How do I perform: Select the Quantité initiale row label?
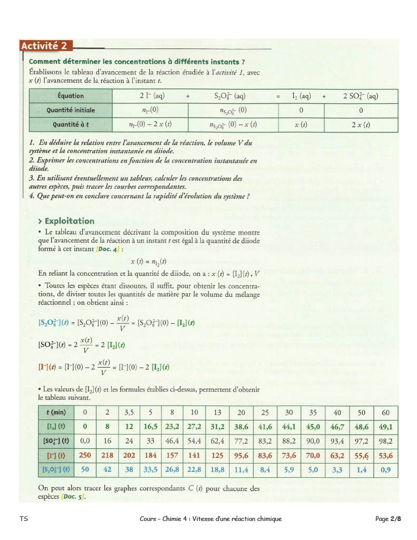click(x=71, y=111)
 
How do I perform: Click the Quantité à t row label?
click(x=71, y=125)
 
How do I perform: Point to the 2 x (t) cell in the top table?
click(x=361, y=125)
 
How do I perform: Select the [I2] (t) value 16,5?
click(x=151, y=427)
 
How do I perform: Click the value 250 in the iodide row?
click(x=85, y=455)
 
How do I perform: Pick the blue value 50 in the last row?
click(x=85, y=469)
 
